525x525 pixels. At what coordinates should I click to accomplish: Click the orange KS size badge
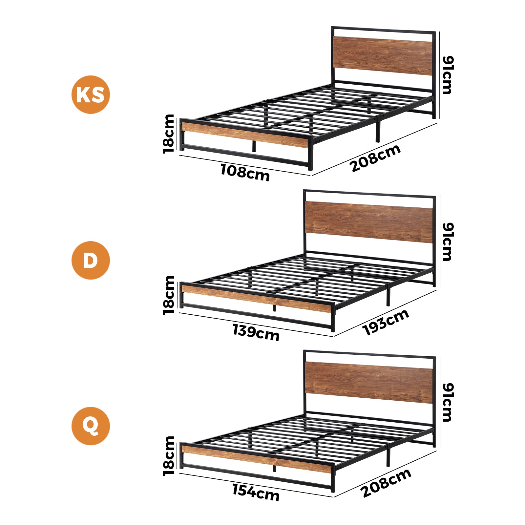91,95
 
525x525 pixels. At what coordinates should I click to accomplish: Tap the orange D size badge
91,260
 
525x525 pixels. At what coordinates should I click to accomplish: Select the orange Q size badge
91,426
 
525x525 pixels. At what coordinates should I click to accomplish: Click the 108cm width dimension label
245,173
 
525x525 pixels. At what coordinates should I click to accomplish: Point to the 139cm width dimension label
256,332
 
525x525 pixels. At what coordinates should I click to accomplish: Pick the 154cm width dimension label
256,493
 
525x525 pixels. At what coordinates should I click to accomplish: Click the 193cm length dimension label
386,322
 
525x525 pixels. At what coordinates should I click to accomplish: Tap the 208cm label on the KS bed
376,158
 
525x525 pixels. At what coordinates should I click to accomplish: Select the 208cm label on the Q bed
386,483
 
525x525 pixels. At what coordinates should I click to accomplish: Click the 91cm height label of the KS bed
448,75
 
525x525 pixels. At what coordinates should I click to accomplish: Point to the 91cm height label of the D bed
448,242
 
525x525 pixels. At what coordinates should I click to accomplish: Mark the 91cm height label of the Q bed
448,402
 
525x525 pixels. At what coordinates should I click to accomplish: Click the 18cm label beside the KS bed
169,134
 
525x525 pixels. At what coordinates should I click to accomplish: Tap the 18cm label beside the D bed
169,295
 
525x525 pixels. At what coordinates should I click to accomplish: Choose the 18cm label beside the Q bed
169,456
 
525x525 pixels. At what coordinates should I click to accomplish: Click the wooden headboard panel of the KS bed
383,55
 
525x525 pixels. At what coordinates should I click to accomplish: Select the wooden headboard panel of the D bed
369,222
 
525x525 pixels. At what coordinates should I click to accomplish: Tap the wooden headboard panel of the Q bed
369,382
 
